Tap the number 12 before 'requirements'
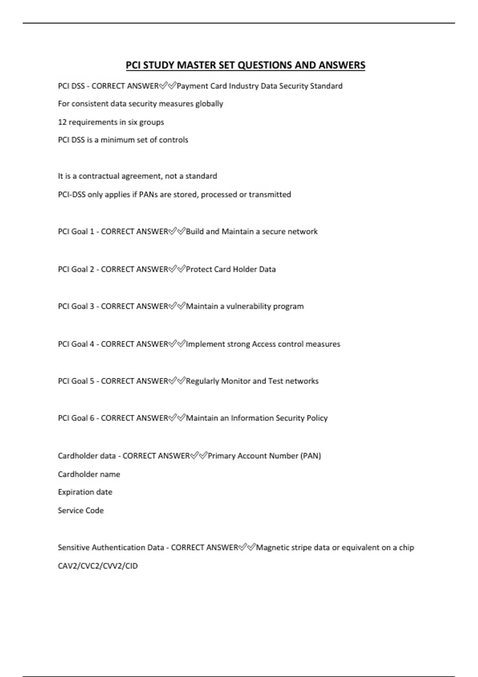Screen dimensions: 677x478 [x=62, y=122]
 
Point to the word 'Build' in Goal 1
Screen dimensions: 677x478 [x=195, y=231]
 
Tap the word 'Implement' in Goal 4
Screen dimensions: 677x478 [x=205, y=344]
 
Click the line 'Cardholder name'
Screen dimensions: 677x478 [x=89, y=474]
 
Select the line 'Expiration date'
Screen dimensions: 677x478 [x=85, y=492]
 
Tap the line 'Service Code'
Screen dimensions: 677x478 [x=80, y=511]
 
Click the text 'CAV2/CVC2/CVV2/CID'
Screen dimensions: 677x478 [x=98, y=566]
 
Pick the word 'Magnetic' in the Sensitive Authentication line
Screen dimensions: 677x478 [x=272, y=548]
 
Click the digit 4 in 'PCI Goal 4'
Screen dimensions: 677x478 [x=92, y=344]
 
